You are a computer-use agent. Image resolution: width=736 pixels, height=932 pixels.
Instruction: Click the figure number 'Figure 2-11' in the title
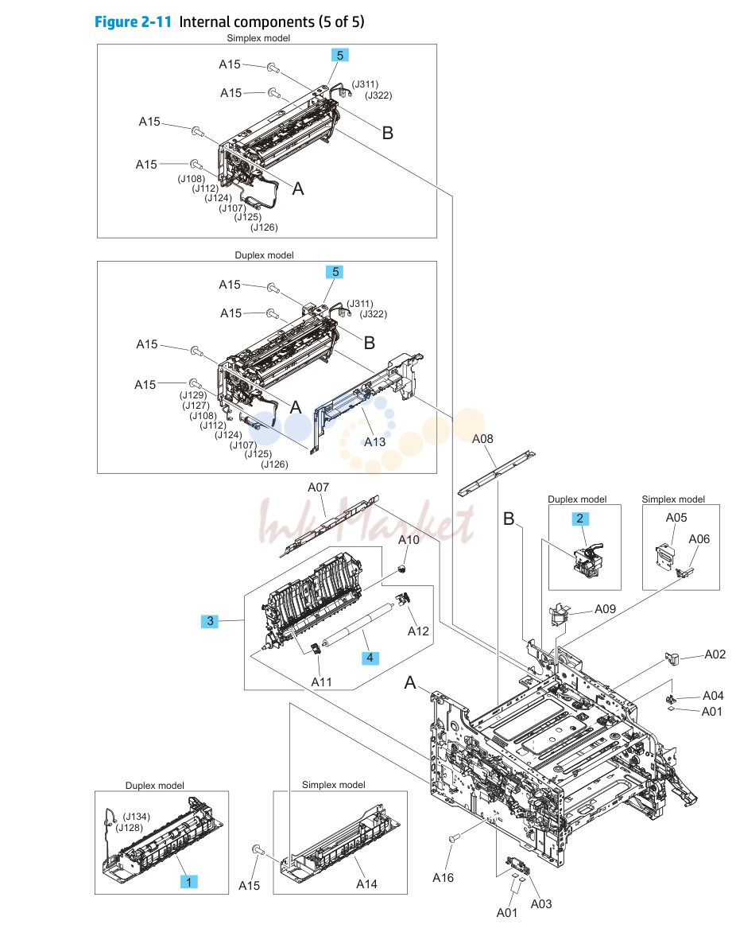click(x=133, y=22)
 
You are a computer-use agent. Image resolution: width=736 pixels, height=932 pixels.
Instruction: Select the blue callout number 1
click(x=189, y=882)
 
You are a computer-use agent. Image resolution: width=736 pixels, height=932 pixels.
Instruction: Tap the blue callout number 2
click(x=580, y=518)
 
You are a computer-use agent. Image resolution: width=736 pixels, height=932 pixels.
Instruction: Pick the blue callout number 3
click(x=211, y=621)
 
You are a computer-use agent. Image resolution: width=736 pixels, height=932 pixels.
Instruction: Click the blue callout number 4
click(x=370, y=658)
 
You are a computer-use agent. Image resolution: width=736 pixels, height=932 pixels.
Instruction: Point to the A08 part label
click(x=482, y=439)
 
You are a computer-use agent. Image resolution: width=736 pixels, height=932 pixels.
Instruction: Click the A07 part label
click(x=319, y=487)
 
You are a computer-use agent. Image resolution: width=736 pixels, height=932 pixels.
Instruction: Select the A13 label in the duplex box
click(x=375, y=441)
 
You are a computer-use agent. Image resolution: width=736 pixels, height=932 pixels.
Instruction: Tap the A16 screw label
click(x=444, y=877)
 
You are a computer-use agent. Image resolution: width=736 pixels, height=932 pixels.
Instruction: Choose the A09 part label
click(x=606, y=608)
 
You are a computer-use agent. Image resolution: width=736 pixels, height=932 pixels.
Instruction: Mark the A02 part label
click(x=715, y=654)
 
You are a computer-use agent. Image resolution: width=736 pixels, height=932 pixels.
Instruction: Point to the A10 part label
click(x=409, y=540)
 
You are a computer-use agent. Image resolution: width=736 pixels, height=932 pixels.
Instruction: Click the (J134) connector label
click(x=137, y=817)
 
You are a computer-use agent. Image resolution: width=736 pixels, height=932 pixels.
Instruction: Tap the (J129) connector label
click(x=193, y=394)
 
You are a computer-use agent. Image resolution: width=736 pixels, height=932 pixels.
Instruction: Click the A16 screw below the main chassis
click(x=454, y=838)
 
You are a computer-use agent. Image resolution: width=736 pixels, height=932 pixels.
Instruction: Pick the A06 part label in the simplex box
click(x=699, y=539)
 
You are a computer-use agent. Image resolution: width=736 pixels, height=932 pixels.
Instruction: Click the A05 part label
click(x=676, y=518)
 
